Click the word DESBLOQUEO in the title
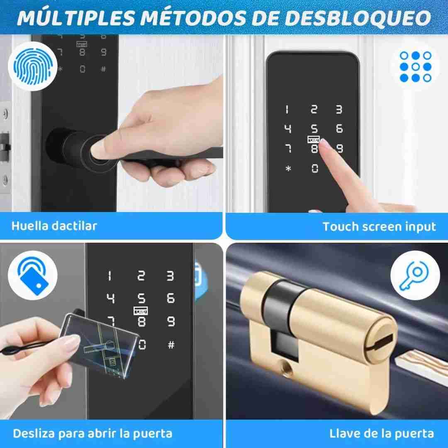pos(358,18)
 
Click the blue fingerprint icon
pos(33,66)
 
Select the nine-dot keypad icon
pos(415,66)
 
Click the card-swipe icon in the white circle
pos(33,275)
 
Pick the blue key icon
pos(414,275)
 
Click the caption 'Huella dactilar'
pos(54,226)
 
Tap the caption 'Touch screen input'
pos(379,227)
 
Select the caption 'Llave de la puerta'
pos(382,433)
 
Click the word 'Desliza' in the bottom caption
pos(34,433)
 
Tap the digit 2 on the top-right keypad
pos(314,109)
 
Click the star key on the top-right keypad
pos(288,168)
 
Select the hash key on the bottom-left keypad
pos(171,345)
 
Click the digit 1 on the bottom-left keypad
pos(110,276)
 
